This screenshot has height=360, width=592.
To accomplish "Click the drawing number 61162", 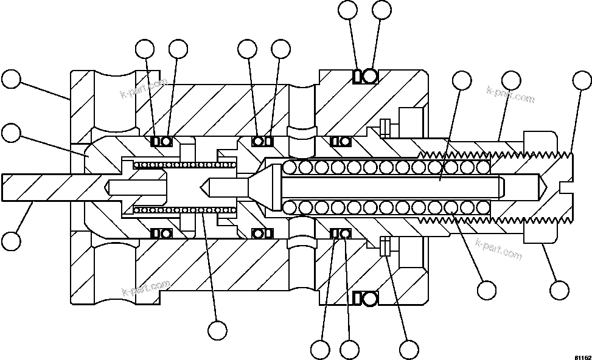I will pyautogui.click(x=580, y=356).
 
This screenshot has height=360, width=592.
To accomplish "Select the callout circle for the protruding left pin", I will pyautogui.click(x=11, y=240).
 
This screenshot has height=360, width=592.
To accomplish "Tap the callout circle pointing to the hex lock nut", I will pyautogui.click(x=559, y=289).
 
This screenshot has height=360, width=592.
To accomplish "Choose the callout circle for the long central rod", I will pyautogui.click(x=462, y=80).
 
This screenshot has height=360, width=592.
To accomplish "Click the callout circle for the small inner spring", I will pyautogui.click(x=217, y=330).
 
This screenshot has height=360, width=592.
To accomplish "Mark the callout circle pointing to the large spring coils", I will pyautogui.click(x=487, y=289).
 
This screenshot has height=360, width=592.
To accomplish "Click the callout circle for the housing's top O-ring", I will pyautogui.click(x=381, y=10).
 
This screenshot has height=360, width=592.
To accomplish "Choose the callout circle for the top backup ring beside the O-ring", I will pyautogui.click(x=348, y=10).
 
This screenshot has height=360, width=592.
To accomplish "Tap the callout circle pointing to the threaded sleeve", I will pyautogui.click(x=511, y=80).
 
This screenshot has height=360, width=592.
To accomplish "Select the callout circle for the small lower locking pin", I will pyautogui.click(x=409, y=349).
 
